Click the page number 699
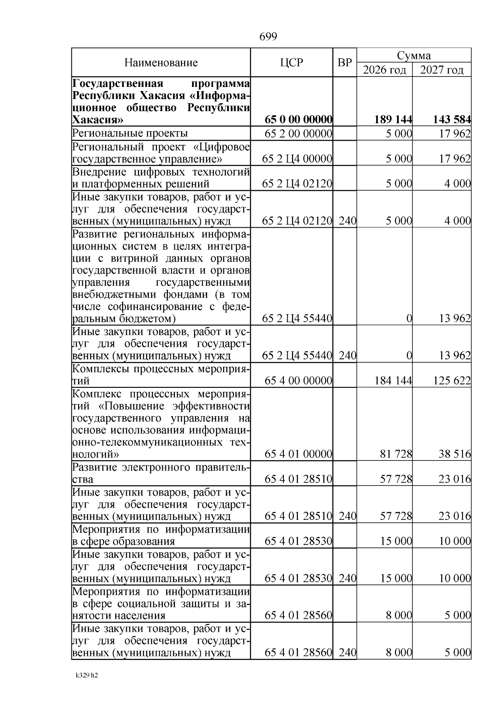(268, 37)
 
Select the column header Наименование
(161, 63)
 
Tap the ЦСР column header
(291, 63)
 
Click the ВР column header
(344, 63)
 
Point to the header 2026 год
(385, 70)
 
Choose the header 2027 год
(442, 70)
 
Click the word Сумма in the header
(414, 56)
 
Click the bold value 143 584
(452, 120)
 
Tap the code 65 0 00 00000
(299, 120)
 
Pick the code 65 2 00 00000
(299, 134)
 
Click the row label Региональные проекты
(130, 133)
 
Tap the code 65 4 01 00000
(299, 454)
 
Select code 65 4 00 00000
(299, 381)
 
